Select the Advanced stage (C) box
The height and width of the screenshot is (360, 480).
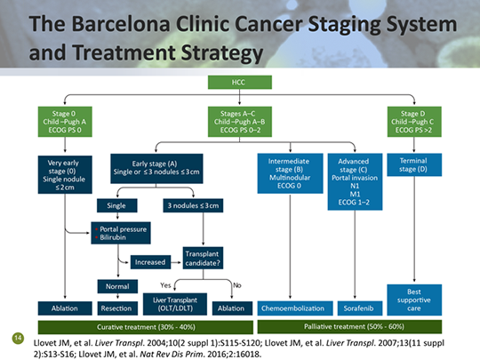click(x=354, y=181)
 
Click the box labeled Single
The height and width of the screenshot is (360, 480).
click(x=116, y=205)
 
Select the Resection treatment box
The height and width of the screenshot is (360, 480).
click(x=116, y=308)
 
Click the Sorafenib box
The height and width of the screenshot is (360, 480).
click(x=354, y=308)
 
